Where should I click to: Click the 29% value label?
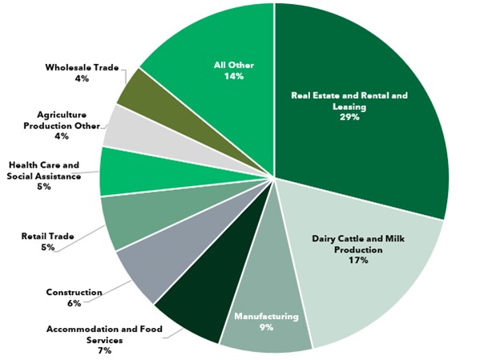(x=349, y=117)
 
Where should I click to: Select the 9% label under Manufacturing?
(x=266, y=327)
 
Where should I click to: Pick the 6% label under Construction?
(x=74, y=303)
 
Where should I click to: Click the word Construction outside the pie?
(x=74, y=293)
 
